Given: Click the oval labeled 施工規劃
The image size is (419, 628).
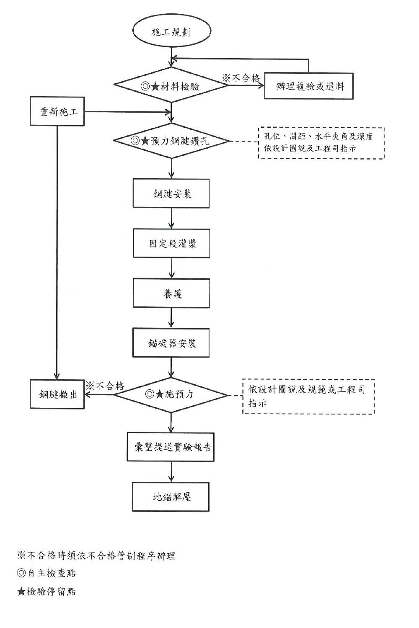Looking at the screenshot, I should click(x=171, y=32).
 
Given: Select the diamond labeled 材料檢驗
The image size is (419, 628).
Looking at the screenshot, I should click(x=171, y=86).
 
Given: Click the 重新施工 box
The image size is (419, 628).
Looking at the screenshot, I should click(x=57, y=112).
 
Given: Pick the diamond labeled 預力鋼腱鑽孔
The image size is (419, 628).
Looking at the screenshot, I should click(x=171, y=141).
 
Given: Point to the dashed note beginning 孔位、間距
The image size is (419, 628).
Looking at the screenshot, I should click(x=321, y=143).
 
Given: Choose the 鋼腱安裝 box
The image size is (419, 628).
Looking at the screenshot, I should click(x=171, y=193).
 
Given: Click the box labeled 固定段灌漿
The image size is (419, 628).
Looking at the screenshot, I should click(x=171, y=243).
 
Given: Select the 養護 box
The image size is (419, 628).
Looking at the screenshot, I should click(x=171, y=293).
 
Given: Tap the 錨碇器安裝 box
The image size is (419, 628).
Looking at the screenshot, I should click(x=171, y=343).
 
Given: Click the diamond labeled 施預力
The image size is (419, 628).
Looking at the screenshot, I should click(x=171, y=394).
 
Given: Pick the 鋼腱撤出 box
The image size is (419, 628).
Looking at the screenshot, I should click(x=57, y=394).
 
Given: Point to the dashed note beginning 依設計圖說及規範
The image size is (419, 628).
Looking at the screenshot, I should click(x=308, y=396).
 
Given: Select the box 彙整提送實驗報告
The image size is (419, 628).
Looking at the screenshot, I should click(x=171, y=447).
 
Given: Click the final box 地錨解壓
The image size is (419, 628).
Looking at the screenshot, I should click(x=171, y=497).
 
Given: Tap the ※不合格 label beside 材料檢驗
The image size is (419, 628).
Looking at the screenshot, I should click(x=241, y=78).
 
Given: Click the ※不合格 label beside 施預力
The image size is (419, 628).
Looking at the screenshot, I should click(x=105, y=386).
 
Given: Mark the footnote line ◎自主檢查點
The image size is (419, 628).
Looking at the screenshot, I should click(x=47, y=573).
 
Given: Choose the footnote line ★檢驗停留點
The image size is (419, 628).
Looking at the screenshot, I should click(x=47, y=592).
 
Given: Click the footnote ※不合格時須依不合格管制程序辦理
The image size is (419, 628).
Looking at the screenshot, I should click(x=96, y=556).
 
